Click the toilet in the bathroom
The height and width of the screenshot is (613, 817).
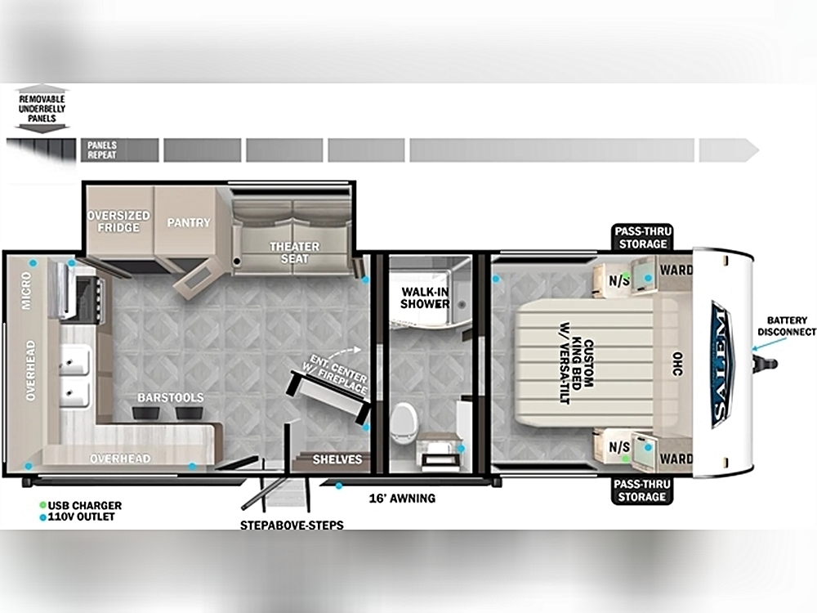[x=404, y=423]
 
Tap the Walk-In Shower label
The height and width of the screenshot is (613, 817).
[x=425, y=298]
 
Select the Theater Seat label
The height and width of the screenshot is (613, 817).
[x=294, y=253]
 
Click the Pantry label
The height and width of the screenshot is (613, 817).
[x=189, y=222]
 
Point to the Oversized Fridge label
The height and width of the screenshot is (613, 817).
[x=118, y=221]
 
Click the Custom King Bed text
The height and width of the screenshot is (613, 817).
[x=577, y=364]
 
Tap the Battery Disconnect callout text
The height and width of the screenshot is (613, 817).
[x=787, y=326]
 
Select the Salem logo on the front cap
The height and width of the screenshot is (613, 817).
[x=722, y=364]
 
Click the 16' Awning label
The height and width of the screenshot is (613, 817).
[x=402, y=499]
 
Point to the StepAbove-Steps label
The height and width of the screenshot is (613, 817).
[x=292, y=525]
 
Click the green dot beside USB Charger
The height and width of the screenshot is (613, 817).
[x=42, y=505]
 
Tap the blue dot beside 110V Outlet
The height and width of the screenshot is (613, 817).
[x=42, y=517]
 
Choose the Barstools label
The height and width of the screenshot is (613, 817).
[x=171, y=398]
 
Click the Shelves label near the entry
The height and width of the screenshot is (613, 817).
[x=337, y=459]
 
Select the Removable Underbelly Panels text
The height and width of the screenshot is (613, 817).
[x=42, y=109]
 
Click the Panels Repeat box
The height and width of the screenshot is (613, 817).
[x=120, y=150]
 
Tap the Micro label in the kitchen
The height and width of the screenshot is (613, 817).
[x=27, y=290]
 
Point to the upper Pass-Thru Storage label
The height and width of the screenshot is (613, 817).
[x=642, y=238]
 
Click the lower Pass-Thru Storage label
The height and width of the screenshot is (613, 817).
[x=642, y=490]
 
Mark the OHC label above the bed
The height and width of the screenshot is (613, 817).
[x=676, y=364]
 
